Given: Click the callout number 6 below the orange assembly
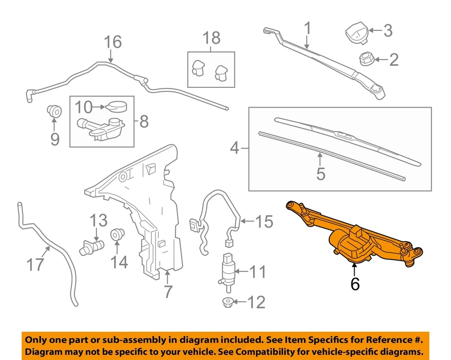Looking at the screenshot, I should (x=355, y=283).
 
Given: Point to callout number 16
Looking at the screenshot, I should (x=112, y=42).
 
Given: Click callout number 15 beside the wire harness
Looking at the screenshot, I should (x=264, y=221).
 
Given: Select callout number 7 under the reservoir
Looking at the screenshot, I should (x=167, y=291).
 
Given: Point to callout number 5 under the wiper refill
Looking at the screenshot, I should (x=320, y=173).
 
